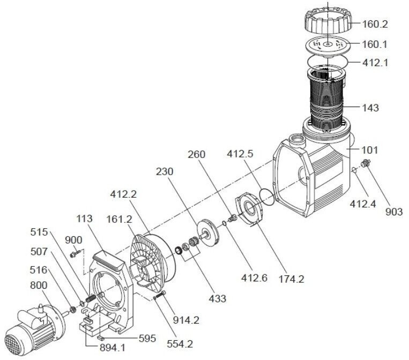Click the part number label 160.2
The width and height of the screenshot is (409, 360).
click(x=375, y=24)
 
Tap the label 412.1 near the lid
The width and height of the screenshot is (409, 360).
click(x=375, y=63)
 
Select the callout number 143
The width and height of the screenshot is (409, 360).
click(x=370, y=108)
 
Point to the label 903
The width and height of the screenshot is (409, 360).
click(x=394, y=212)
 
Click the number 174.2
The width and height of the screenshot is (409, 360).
click(x=292, y=279)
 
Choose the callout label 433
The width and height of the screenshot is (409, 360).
click(x=217, y=298)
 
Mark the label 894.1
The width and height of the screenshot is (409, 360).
click(x=112, y=348)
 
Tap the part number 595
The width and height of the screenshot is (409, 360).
click(x=147, y=339)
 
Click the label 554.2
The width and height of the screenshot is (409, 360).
click(x=180, y=344)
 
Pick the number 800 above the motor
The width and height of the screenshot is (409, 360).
click(x=39, y=286)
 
